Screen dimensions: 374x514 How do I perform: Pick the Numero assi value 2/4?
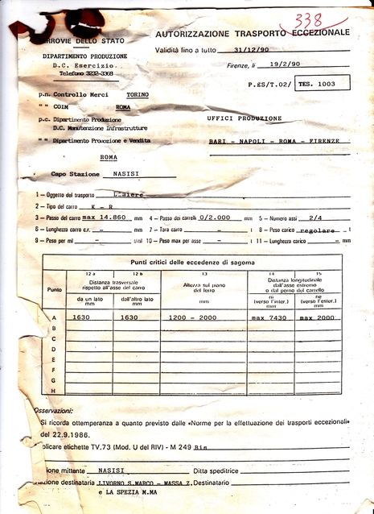(315, 218)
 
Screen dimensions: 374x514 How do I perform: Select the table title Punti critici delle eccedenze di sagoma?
(191, 263)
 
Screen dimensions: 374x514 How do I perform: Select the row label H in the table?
(54, 391)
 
